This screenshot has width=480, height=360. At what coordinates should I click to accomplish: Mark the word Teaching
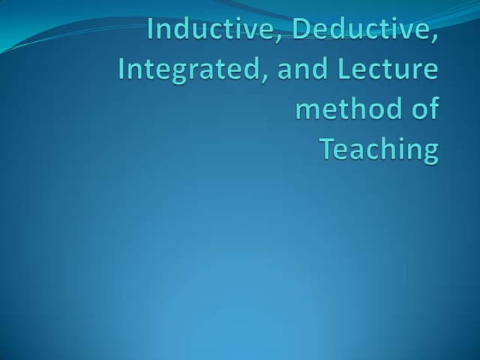[379, 150]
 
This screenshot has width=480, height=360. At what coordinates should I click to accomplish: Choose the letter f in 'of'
[433, 108]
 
